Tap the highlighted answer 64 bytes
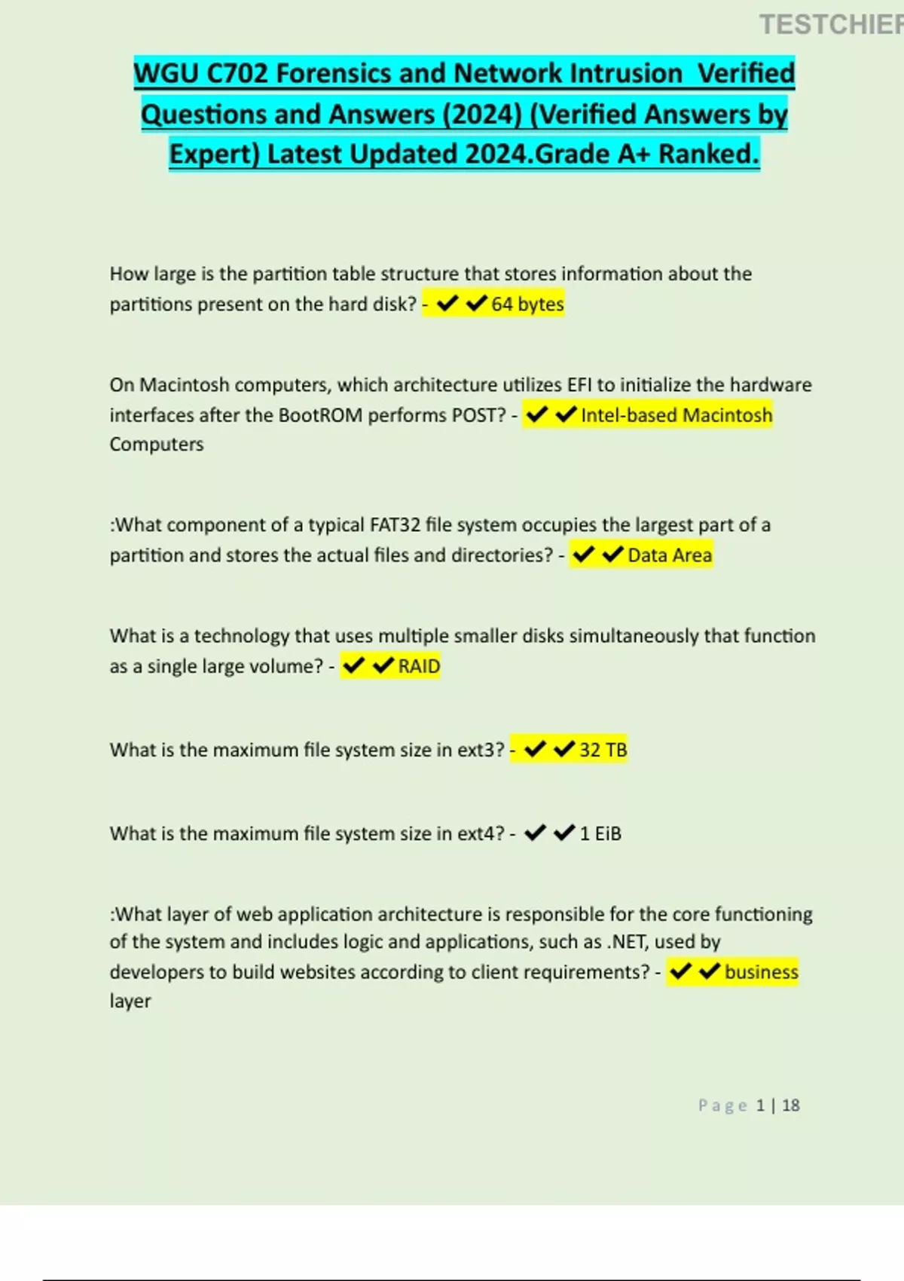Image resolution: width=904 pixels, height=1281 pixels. pyautogui.click(x=527, y=304)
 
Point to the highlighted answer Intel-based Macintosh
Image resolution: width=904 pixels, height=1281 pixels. pyautogui.click(x=676, y=415)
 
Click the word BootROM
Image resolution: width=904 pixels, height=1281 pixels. pyautogui.click(x=320, y=415)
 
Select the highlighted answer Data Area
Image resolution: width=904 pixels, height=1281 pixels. pyautogui.click(x=669, y=555)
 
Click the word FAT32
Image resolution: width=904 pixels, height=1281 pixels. pyautogui.click(x=395, y=525)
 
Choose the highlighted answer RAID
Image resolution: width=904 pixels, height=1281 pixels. pyautogui.click(x=419, y=667)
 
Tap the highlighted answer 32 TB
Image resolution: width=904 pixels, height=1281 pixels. pyautogui.click(x=603, y=751)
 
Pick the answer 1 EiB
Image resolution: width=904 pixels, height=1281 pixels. pyautogui.click(x=600, y=834)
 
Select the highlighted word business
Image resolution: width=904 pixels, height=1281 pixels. pyautogui.click(x=761, y=972)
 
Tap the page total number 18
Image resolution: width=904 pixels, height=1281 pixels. pyautogui.click(x=791, y=1105)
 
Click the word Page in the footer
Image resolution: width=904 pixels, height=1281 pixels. pyautogui.click(x=722, y=1105)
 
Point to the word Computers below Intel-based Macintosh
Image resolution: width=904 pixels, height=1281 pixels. pyautogui.click(x=157, y=445)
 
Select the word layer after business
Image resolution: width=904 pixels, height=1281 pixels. pyautogui.click(x=130, y=1001)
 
